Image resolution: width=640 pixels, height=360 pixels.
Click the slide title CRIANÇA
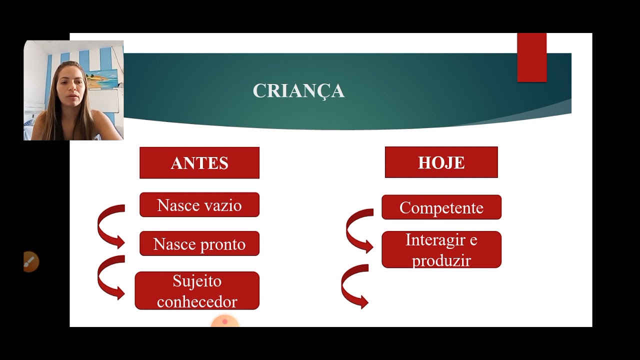click(298, 91)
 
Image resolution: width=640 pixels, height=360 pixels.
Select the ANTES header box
click(199, 163)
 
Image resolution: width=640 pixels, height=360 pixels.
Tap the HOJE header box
click(441, 162)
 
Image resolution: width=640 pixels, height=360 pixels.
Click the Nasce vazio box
click(199, 205)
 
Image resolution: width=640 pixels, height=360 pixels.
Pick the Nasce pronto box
click(199, 243)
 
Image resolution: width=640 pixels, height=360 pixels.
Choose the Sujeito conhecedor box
click(197, 290)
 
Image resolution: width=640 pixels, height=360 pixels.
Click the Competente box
click(441, 207)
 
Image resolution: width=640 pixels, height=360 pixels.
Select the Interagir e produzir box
click(441, 249)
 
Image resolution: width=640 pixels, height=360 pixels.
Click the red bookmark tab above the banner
click(531, 57)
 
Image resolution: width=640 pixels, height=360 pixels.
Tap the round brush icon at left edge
click(30, 261)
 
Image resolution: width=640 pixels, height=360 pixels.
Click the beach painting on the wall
click(102, 78)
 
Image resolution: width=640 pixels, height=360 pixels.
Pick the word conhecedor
click(197, 301)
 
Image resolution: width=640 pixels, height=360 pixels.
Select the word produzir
click(441, 260)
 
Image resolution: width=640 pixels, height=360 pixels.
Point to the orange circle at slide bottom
click(224, 322)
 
